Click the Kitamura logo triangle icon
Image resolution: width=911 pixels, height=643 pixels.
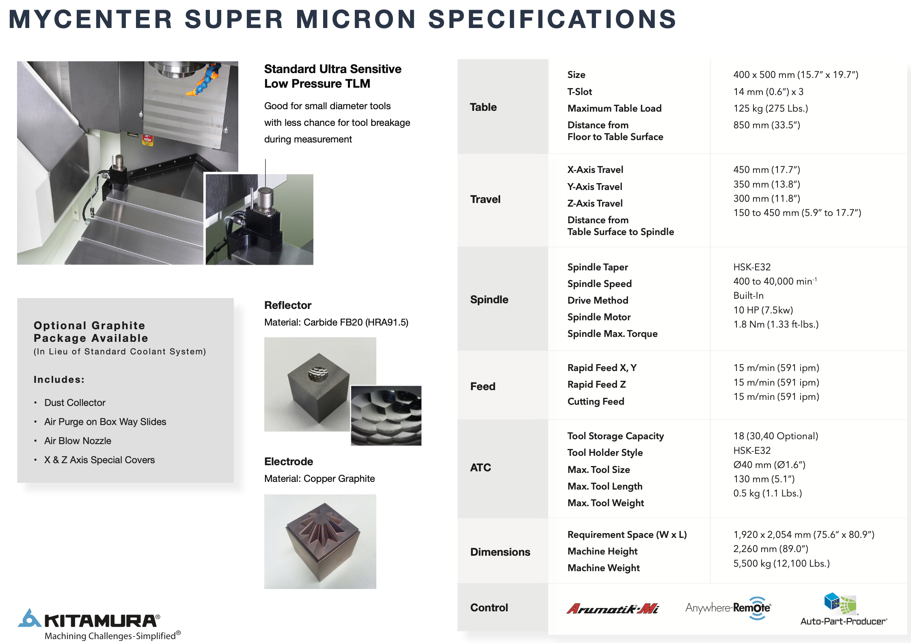click(30, 618)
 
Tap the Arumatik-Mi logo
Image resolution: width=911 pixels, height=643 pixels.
click(613, 608)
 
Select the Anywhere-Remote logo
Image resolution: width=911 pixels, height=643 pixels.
click(728, 608)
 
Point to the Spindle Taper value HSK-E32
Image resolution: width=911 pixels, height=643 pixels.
click(752, 267)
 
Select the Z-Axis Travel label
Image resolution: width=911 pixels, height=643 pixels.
click(595, 203)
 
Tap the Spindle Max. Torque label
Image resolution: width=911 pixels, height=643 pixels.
click(612, 334)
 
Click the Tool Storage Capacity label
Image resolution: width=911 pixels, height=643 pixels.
click(615, 436)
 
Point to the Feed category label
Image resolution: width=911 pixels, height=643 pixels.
click(483, 386)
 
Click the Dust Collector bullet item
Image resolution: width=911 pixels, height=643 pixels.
click(75, 403)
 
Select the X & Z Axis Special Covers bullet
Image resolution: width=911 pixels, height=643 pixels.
click(99, 460)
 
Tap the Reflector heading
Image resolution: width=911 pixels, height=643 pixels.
click(288, 305)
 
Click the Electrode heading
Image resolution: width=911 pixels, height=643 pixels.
click(289, 462)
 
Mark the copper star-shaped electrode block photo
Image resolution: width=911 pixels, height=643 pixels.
click(320, 542)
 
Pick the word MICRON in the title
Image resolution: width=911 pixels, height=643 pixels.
click(356, 19)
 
